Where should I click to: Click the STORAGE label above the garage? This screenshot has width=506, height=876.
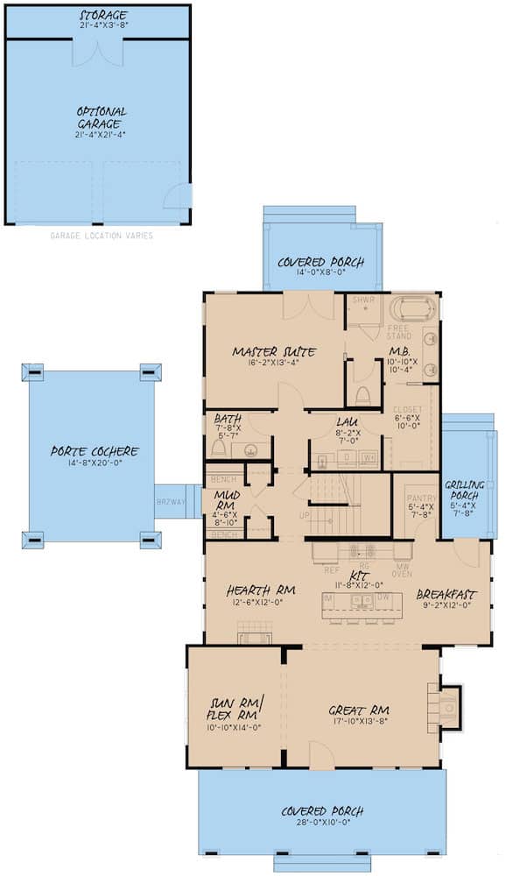pyautogui.click(x=103, y=16)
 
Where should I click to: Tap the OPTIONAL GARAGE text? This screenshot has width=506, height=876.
pyautogui.click(x=102, y=117)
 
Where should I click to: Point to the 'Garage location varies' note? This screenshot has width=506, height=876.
pyautogui.click(x=102, y=236)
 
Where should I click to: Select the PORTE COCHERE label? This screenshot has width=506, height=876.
pyautogui.click(x=94, y=451)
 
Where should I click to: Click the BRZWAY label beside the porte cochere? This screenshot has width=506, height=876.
pyautogui.click(x=170, y=502)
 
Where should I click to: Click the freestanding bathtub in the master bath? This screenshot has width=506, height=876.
pyautogui.click(x=411, y=311)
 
